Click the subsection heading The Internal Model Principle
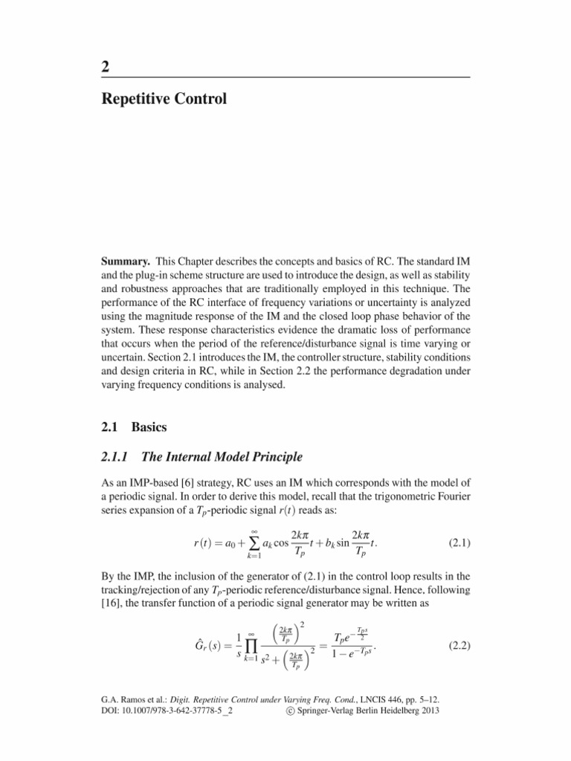216,457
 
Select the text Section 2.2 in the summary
285,372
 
